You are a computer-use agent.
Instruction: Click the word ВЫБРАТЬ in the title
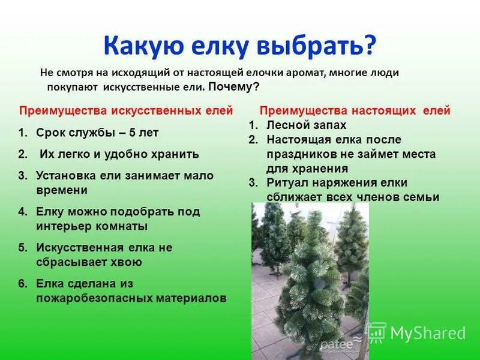(322, 44)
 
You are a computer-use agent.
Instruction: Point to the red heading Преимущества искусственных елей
(126, 111)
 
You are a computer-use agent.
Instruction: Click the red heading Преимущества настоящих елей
(355, 111)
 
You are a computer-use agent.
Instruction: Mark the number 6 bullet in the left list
(22, 283)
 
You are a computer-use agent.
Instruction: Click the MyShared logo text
(428, 333)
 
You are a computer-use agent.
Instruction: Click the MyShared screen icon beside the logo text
(376, 332)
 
